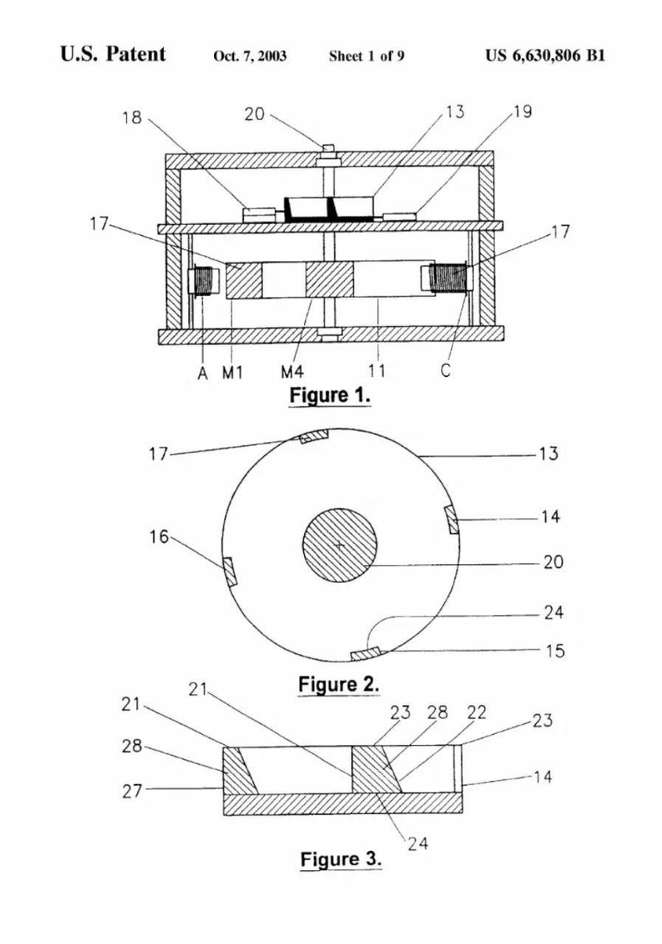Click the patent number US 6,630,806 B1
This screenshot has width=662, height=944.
tap(545, 56)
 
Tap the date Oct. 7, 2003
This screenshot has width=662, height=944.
tap(250, 56)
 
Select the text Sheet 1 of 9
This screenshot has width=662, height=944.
tap(366, 56)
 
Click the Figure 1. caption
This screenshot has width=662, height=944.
tap(330, 396)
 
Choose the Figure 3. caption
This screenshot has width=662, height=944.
tap(341, 859)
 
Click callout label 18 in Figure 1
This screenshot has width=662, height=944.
tap(132, 117)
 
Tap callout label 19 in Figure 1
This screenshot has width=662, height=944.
tap(522, 112)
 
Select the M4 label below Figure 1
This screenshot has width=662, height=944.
tap(292, 371)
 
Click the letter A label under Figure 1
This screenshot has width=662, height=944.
tap(203, 373)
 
